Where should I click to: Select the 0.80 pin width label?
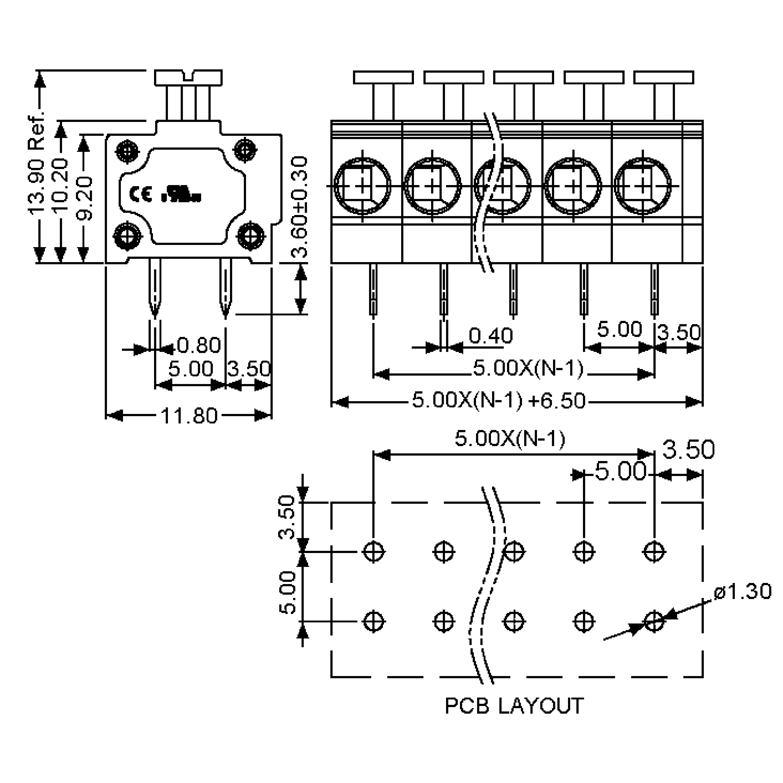199,345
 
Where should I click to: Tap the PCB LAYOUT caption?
514,706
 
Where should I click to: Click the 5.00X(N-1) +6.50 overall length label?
499,400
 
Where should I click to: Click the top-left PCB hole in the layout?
373,552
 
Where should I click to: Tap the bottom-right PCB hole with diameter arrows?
654,621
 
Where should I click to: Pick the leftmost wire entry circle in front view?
362,186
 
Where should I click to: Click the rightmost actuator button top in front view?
664,77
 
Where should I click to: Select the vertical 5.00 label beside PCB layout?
288,592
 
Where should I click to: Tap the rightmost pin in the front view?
654,290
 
